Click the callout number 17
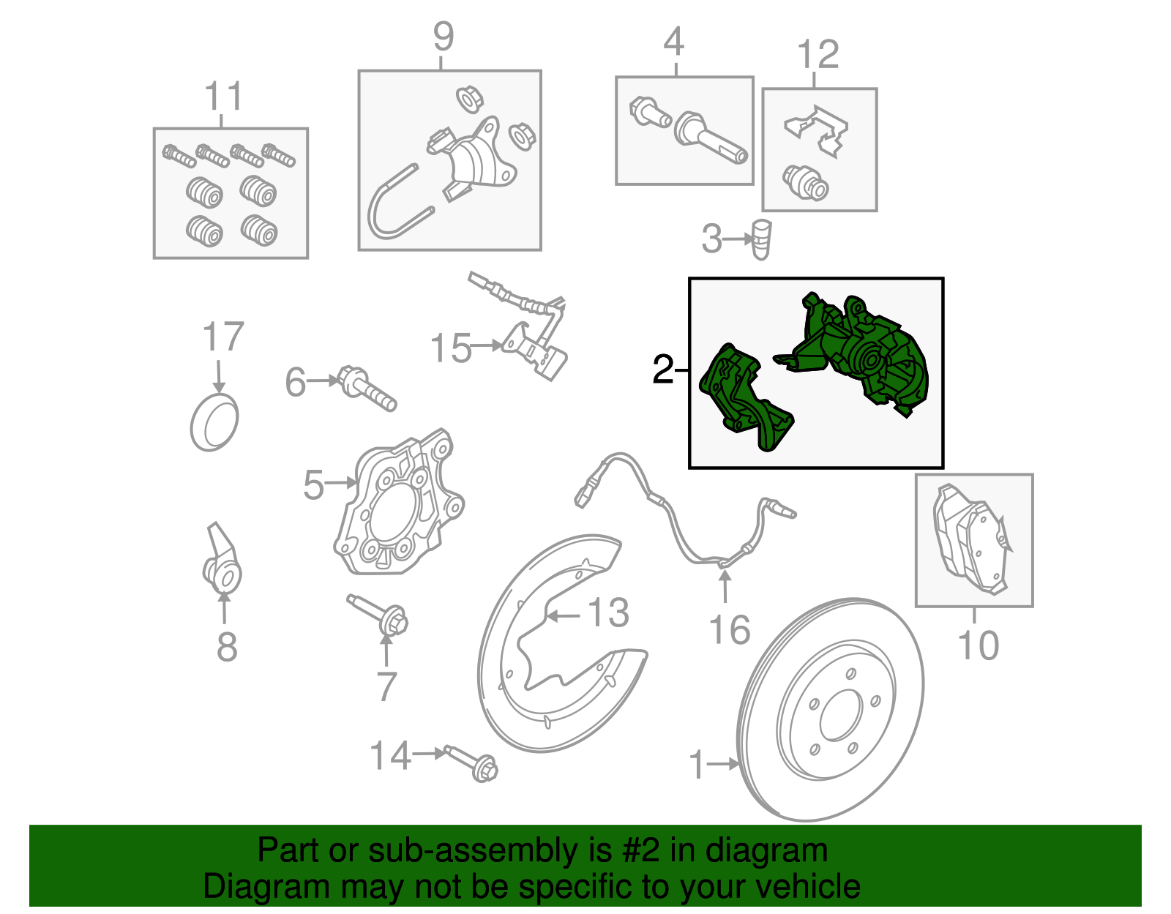pyautogui.click(x=223, y=337)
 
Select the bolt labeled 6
pyautogui.click(x=367, y=388)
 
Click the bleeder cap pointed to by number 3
pyautogui.click(x=761, y=239)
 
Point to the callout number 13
pyautogui.click(x=608, y=613)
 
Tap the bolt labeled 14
pyautogui.click(x=471, y=764)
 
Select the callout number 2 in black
pyautogui.click(x=663, y=370)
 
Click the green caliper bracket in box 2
pyautogui.click(x=746, y=397)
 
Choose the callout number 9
pyautogui.click(x=444, y=37)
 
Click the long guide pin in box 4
pyautogui.click(x=711, y=137)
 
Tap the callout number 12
pyautogui.click(x=818, y=54)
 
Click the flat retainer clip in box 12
pyautogui.click(x=816, y=131)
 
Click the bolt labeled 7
pyautogui.click(x=378, y=615)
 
